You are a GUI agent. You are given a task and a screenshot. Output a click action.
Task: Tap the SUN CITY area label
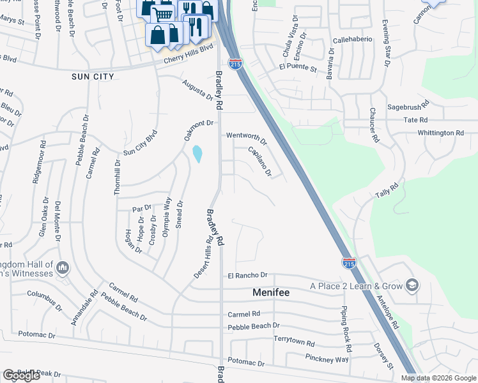93,77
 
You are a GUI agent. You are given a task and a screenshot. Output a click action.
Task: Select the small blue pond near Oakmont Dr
197,154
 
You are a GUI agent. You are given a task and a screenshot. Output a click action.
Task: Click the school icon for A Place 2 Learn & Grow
413,285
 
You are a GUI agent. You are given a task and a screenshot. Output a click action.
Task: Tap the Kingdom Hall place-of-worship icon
63,266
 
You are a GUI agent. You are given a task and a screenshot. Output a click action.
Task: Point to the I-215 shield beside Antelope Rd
349,262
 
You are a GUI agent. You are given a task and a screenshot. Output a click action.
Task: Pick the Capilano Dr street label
260,161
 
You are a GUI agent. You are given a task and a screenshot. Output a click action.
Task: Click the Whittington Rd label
440,133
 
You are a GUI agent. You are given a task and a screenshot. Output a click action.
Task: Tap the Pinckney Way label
327,358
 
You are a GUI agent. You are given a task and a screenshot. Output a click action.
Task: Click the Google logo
21,375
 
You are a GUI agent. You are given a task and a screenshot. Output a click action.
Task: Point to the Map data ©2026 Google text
437,378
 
